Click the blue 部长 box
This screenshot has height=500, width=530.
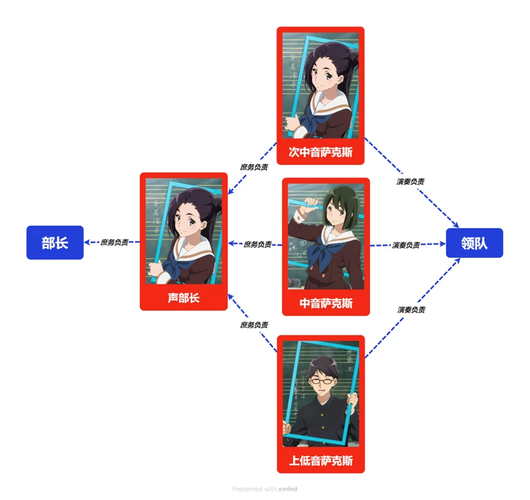(55, 243)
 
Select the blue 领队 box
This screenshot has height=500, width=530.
(474, 243)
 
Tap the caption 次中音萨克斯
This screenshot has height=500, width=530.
(320, 151)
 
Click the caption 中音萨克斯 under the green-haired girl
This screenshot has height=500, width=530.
(326, 303)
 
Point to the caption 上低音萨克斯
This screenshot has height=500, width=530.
(320, 460)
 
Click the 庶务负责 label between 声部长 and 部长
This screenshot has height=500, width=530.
(115, 242)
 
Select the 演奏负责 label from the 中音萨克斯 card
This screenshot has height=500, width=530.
(406, 245)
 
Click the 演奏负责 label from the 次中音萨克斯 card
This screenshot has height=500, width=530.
(411, 181)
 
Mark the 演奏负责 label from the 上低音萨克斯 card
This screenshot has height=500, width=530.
(411, 309)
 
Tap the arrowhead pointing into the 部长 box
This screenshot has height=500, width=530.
(86, 242)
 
